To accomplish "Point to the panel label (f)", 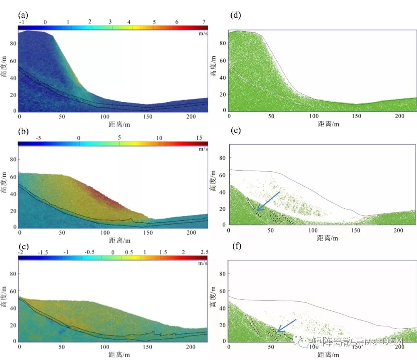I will click(x=235, y=246).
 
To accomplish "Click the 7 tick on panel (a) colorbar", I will click(x=203, y=22).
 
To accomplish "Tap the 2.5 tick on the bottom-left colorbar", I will click(x=203, y=252).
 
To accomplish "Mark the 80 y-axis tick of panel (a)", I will click(x=13, y=44).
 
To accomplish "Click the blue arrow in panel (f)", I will click(x=286, y=325).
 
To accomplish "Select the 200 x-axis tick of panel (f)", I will click(x=398, y=346).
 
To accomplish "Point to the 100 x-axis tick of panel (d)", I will click(x=314, y=116).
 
